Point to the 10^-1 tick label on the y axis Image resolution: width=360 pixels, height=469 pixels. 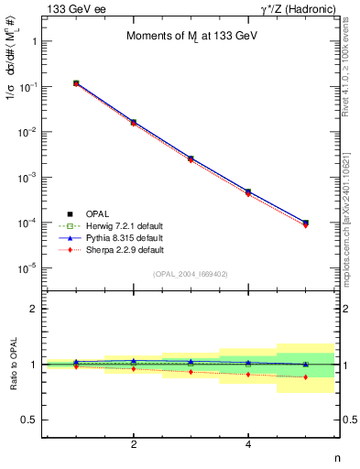point(29,87)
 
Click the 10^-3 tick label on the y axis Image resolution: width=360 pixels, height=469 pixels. point(29,177)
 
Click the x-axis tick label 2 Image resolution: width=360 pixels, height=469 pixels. point(134,444)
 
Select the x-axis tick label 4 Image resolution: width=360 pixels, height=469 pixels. point(248,444)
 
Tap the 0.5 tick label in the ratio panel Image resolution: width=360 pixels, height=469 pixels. point(30,420)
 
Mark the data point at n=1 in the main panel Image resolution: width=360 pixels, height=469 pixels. point(76,83)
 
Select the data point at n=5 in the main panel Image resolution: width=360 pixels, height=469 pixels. point(305,223)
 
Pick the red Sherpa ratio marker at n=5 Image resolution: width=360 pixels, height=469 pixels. point(305,377)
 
